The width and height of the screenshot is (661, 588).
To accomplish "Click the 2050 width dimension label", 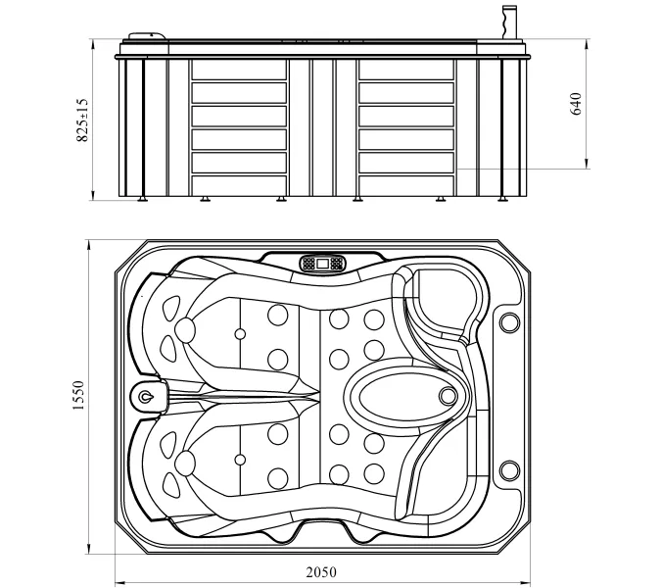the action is click(x=321, y=572).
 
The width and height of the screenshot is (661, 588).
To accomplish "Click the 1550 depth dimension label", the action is click(x=78, y=395).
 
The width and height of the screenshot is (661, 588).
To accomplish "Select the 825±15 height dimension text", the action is click(x=82, y=121).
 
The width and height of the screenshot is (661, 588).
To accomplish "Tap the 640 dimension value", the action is click(x=576, y=103).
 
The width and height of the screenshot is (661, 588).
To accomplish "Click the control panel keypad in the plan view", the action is click(x=323, y=264).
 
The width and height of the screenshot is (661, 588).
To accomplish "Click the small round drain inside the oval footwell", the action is click(x=448, y=396).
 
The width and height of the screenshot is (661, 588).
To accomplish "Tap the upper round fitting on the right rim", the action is click(x=509, y=322).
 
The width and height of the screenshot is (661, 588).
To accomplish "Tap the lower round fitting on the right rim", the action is click(x=509, y=470).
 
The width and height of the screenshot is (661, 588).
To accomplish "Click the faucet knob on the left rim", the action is click(x=146, y=397).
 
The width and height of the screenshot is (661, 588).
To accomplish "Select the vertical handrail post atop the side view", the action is click(x=509, y=24).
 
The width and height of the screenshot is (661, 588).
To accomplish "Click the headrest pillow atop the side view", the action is click(x=148, y=36).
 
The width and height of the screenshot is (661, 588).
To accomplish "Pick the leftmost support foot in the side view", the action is click(x=142, y=199).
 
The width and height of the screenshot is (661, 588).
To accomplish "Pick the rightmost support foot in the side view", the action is click(x=501, y=199).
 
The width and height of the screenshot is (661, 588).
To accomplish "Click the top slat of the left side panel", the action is click(x=239, y=70).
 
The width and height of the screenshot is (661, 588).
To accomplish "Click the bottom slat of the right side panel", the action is click(x=406, y=186).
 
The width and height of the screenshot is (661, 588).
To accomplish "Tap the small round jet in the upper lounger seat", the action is click(x=240, y=334).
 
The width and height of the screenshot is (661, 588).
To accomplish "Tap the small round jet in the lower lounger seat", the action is click(x=240, y=460).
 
